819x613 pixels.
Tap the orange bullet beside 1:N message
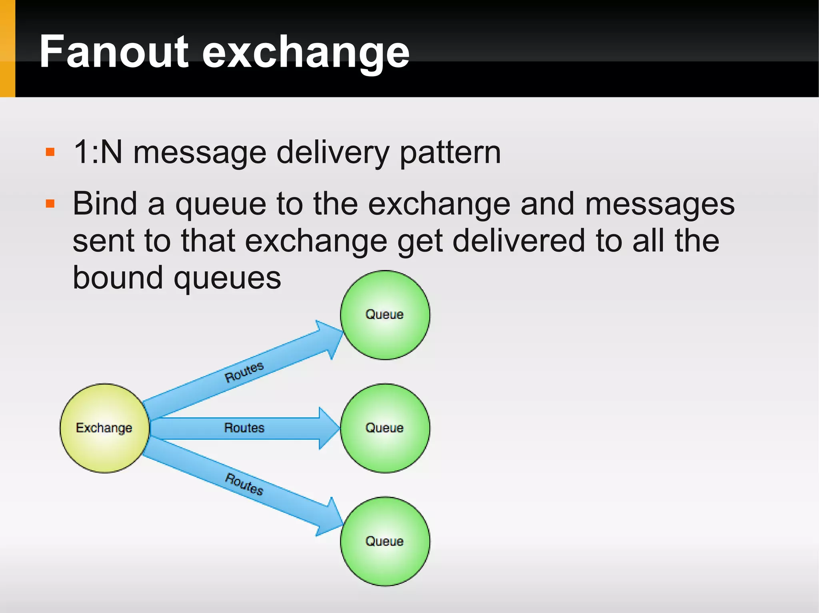pos(50,152)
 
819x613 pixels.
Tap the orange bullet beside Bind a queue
pos(50,204)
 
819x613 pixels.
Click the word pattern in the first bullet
pos(450,153)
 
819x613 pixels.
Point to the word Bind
pos(105,204)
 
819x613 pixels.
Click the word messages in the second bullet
pos(659,204)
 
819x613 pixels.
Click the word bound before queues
pos(118,278)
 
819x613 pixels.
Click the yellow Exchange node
pos(104,428)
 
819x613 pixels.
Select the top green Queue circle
pos(385,315)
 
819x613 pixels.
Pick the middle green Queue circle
pos(385,428)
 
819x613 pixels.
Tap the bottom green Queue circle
pos(385,541)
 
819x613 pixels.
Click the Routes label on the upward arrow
pos(244,372)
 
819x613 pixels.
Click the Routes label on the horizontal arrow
pos(244,428)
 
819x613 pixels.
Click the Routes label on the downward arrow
pos(244,484)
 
